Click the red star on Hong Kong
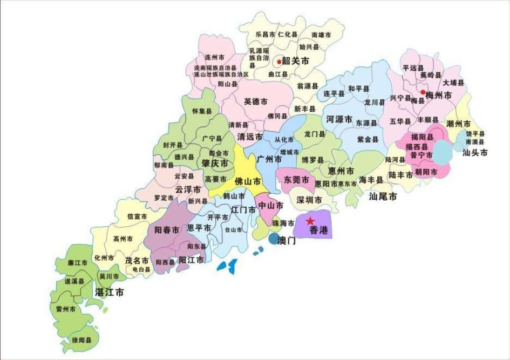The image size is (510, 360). (310, 221)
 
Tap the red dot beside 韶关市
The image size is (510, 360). (278, 61)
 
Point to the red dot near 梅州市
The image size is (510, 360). (423, 92)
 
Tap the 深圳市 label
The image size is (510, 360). (309, 200)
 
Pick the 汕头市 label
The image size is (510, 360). (475, 153)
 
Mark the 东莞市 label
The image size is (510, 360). (296, 179)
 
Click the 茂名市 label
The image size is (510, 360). (137, 260)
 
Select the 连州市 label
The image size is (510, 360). (214, 57)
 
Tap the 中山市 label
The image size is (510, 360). (271, 206)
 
